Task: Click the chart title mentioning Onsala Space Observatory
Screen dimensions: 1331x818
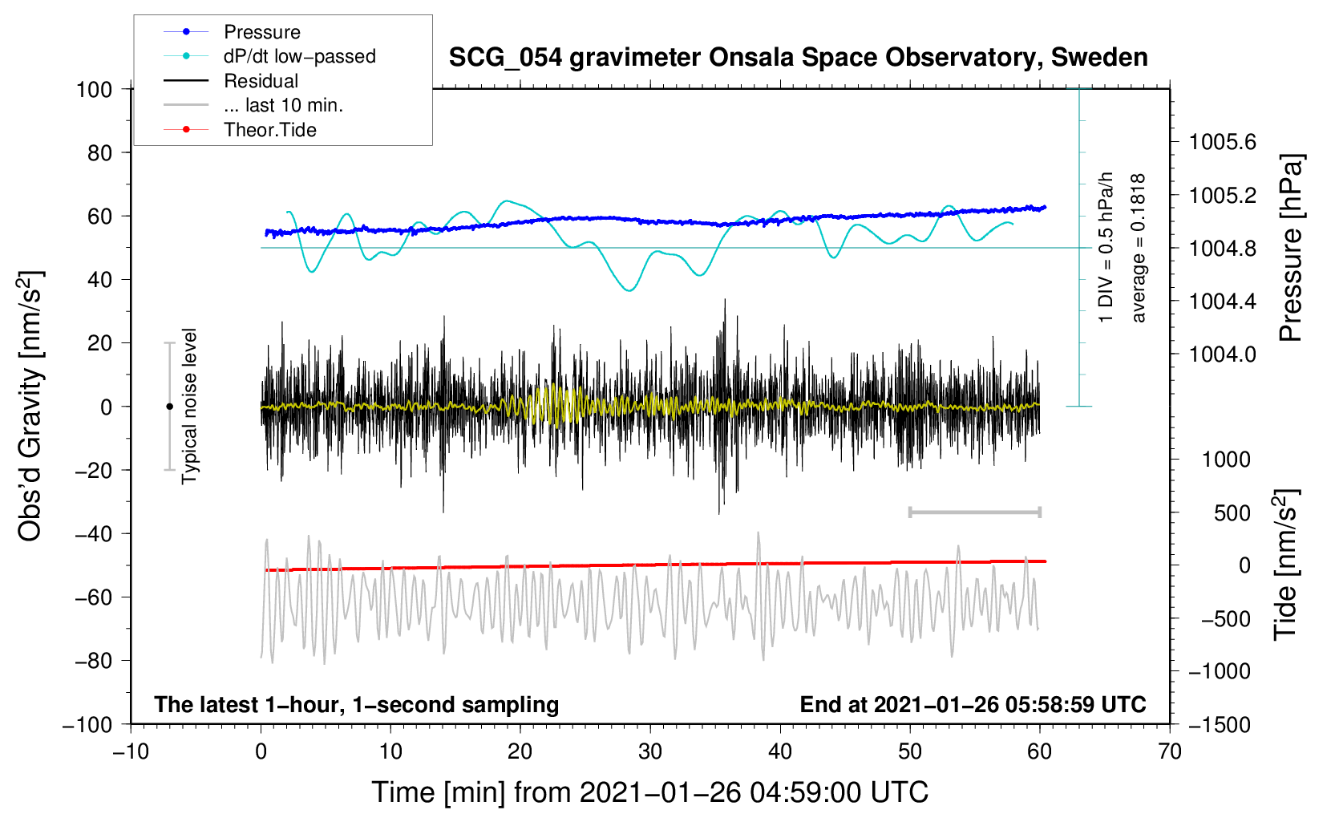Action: [798, 58]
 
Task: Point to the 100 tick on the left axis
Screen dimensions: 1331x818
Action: [95, 90]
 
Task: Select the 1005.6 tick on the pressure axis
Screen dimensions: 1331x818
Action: [1222, 142]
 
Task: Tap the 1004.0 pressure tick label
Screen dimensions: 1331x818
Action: [1222, 354]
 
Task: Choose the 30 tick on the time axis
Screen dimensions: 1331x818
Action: [650, 751]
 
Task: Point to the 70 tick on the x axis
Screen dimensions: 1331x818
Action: [1170, 751]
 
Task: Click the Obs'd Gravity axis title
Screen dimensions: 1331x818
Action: [30, 406]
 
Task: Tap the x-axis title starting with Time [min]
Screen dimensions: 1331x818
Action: [650, 792]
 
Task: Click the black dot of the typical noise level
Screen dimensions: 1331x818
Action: [169, 407]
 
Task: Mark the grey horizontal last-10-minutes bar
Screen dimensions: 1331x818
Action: [974, 512]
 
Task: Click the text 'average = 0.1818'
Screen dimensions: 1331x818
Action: [1138, 249]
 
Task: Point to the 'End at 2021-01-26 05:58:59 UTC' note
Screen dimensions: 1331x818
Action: [973, 704]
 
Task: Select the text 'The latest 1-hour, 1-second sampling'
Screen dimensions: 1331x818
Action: [357, 705]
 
